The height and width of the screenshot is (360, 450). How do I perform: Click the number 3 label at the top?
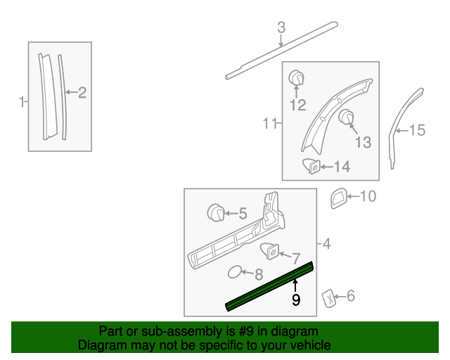coord(281,28)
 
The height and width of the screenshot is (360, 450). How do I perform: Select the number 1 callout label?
coord(21,102)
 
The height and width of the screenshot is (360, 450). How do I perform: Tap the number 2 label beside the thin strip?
coord(82,91)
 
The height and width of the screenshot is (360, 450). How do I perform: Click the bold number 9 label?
coord(296,300)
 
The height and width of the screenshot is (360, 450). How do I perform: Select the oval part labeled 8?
coord(236,273)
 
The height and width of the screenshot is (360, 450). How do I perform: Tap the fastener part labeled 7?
coord(269,250)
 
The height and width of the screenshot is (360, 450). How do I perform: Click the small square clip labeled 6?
coord(328,297)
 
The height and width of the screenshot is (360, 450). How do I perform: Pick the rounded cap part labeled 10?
coord(338,198)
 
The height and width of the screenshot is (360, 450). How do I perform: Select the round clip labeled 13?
coord(345,117)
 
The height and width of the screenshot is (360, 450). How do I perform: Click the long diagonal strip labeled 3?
coord(281,51)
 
